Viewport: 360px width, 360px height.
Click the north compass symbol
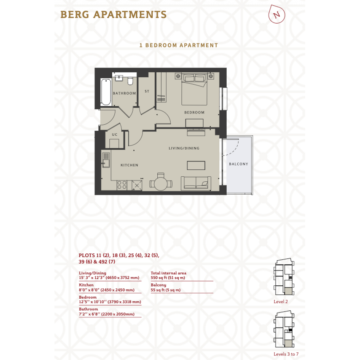click(277, 14)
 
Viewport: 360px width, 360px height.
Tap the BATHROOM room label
click(124, 93)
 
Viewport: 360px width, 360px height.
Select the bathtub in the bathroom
click(106, 92)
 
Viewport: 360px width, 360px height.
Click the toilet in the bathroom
click(130, 81)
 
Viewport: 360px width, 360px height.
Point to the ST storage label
click(147, 91)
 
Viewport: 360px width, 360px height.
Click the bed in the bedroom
click(194, 89)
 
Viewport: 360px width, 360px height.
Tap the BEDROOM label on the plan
click(194, 112)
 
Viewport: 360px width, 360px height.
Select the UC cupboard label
click(115, 134)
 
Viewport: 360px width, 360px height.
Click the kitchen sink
click(106, 160)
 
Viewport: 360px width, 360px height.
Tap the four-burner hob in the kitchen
click(122, 185)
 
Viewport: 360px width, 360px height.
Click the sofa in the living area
click(196, 184)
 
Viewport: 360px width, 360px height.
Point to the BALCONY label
click(238, 164)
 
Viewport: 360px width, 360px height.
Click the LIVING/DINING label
click(184, 148)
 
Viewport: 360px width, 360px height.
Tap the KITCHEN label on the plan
click(130, 165)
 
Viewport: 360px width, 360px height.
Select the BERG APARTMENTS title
click(114, 14)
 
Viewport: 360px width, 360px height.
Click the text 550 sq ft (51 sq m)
click(168, 278)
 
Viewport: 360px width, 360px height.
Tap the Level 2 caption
click(280, 302)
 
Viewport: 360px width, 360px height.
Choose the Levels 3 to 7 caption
click(286, 354)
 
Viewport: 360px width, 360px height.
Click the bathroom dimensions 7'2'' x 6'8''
click(90, 314)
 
